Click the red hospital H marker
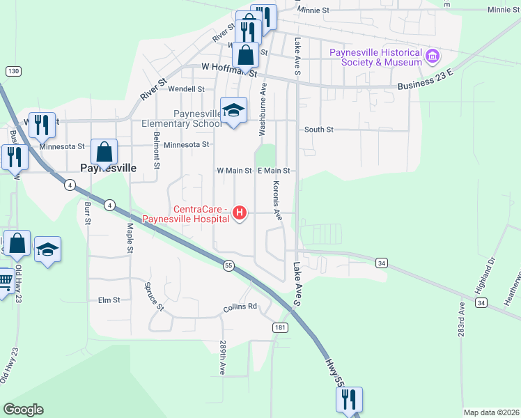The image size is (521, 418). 240,212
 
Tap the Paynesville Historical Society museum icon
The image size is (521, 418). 432,55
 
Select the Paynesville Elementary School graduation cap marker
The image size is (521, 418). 234,110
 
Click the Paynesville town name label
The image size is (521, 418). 107,168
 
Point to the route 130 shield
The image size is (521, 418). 13,71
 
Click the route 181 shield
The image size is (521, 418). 280,327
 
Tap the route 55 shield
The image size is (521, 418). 228,265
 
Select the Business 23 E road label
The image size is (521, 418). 426,79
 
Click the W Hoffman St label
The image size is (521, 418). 229,68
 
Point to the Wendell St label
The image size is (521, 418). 186,89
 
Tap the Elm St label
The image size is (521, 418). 109,300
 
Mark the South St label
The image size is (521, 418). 319,130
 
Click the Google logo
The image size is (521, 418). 23,410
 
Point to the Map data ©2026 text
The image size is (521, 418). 491,412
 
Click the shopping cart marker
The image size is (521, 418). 3,282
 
